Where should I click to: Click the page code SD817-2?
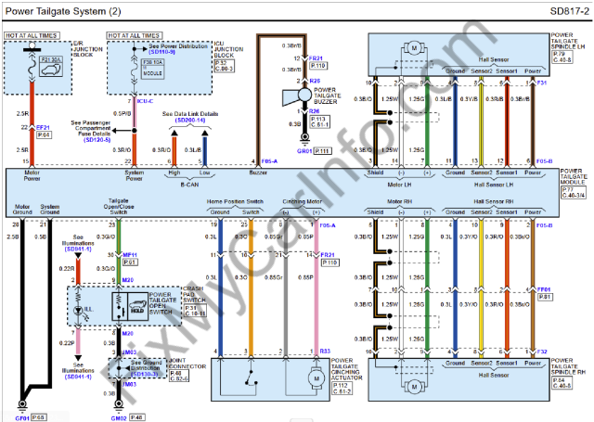[x=567, y=11]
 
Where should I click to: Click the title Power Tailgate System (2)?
[x=63, y=11]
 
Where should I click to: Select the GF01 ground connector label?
[x=19, y=417]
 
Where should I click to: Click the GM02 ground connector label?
[x=118, y=417]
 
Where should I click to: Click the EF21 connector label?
[x=43, y=125]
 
